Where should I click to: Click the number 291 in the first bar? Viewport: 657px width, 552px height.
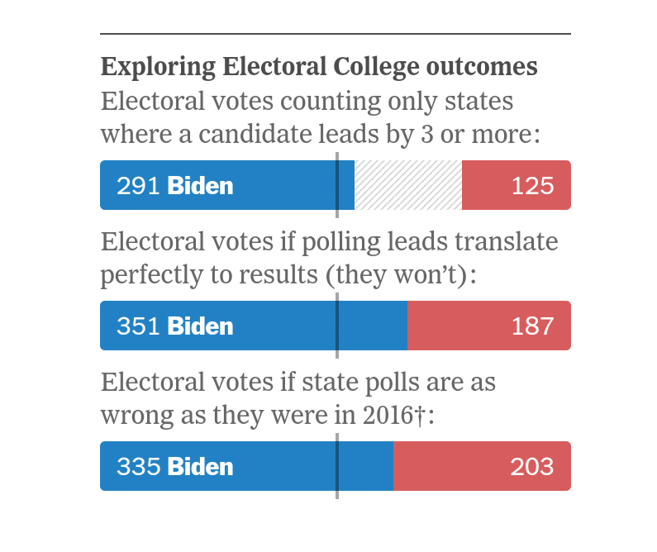coord(138,186)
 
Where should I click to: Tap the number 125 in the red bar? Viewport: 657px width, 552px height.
coord(532,186)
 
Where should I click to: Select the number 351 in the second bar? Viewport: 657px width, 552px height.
coord(138,326)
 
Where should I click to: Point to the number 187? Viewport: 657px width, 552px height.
coord(532,326)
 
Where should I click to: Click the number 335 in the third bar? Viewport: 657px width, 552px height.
coord(138,467)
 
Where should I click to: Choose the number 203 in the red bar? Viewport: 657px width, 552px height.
coord(532,467)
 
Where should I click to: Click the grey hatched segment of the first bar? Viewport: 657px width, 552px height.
coord(407,185)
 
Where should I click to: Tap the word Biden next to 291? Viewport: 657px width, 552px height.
coord(200,186)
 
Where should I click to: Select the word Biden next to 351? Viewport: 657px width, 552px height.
coord(200,326)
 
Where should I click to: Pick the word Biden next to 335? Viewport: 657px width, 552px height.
coord(200,467)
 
